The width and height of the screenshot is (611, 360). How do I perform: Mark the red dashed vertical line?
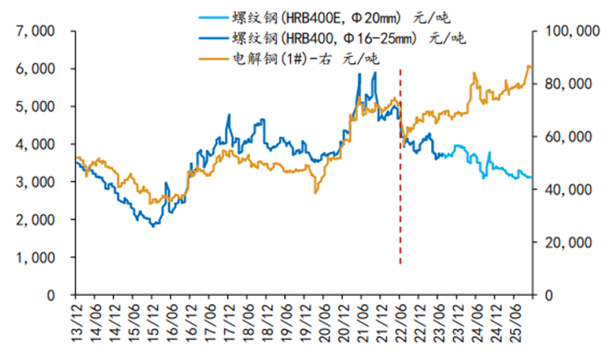(x=400, y=184)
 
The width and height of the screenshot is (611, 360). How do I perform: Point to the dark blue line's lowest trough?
(x=153, y=226)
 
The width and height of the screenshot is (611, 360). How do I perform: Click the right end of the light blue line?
(x=531, y=178)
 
